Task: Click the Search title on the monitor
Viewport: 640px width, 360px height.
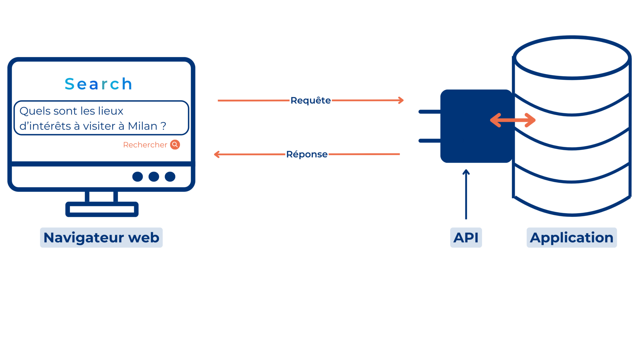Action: click(x=98, y=84)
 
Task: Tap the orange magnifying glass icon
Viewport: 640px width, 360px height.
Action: click(x=175, y=145)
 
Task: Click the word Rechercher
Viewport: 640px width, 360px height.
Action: click(x=145, y=145)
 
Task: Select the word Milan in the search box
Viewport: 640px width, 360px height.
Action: click(x=142, y=126)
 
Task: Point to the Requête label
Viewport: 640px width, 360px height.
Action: click(x=310, y=100)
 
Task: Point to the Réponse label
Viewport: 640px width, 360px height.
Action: click(x=307, y=154)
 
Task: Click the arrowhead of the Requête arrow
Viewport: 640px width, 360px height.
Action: click(x=401, y=100)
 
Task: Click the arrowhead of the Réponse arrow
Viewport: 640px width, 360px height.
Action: click(x=217, y=154)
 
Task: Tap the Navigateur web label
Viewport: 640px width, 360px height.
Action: click(x=101, y=237)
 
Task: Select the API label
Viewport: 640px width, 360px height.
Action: click(x=466, y=237)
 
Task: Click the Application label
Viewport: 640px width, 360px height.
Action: click(x=572, y=237)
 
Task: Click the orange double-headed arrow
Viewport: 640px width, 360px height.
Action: click(x=512, y=120)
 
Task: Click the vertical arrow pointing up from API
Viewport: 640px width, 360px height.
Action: click(x=466, y=194)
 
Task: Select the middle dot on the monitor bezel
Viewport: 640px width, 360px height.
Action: click(x=154, y=177)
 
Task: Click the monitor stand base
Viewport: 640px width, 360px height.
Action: click(x=102, y=209)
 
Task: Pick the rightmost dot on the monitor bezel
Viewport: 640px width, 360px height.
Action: click(x=170, y=177)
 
